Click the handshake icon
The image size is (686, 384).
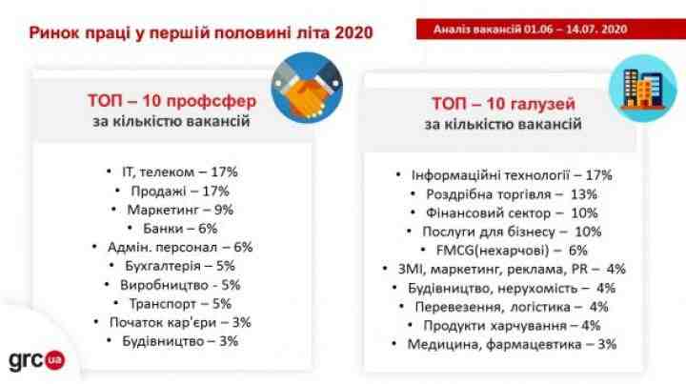point(307,88)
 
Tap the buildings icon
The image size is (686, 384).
point(643,88)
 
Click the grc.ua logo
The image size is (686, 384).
point(37,360)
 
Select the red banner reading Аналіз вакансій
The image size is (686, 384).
point(551,30)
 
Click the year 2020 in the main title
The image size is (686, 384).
point(353,32)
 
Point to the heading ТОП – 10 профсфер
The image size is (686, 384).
point(171,101)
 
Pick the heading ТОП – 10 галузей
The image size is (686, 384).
point(503,104)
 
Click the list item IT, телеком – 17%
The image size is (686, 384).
point(180,172)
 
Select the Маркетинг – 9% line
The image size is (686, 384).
point(180,210)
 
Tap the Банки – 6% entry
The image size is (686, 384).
point(180,229)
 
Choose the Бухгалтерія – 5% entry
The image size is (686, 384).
point(180,266)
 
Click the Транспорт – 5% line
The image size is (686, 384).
point(180,304)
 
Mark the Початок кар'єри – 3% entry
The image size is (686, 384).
point(180,323)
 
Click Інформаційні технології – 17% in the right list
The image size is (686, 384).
point(512,175)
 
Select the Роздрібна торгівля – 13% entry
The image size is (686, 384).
point(512,194)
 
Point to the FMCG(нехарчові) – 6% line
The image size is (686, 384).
point(512,251)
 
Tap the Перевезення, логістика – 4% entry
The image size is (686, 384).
point(512,307)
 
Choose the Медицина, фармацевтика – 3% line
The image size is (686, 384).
point(512,345)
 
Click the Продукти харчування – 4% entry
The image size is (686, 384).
point(512,326)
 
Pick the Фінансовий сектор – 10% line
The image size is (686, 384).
point(512,213)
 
